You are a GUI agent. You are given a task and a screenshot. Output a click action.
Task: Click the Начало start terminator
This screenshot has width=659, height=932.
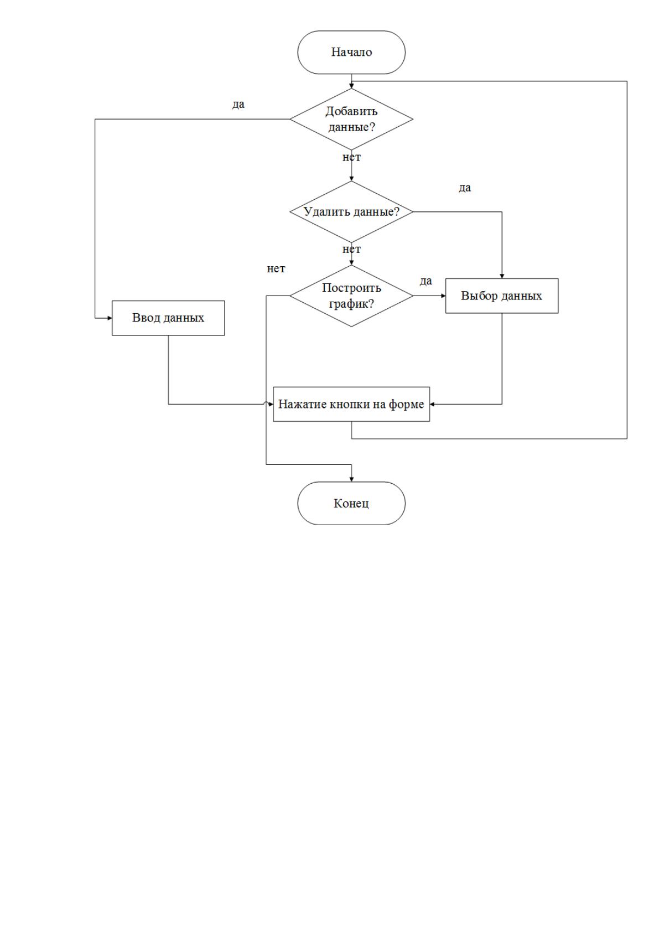click(351, 53)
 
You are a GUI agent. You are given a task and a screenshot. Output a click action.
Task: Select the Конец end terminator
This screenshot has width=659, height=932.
click(351, 503)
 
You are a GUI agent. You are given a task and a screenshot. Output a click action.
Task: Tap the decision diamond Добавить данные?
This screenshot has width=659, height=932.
click(351, 119)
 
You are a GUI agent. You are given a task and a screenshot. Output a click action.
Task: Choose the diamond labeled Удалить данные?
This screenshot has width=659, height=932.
click(351, 211)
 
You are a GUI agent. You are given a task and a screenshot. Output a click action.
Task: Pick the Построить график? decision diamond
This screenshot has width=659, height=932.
click(351, 296)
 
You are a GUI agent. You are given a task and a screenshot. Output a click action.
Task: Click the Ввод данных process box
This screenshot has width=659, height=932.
click(168, 318)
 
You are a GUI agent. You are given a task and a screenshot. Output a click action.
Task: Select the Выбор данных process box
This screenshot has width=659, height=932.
click(502, 296)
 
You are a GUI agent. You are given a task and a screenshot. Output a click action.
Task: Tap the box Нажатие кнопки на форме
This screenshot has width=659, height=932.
click(351, 404)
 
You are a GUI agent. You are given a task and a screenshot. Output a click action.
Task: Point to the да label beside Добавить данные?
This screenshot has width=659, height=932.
click(238, 104)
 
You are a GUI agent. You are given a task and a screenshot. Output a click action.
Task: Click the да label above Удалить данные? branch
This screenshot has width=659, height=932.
click(465, 188)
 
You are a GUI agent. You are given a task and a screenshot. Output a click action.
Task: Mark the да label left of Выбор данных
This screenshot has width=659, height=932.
click(426, 281)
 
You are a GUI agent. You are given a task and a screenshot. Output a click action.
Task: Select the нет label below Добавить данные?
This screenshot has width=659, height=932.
click(351, 157)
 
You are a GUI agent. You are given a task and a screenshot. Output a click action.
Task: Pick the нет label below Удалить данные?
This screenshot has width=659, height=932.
click(351, 249)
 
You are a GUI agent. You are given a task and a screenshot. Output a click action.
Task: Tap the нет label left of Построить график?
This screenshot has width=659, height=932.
click(276, 269)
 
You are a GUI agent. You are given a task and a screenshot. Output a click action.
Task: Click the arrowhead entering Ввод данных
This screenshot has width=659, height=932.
click(110, 318)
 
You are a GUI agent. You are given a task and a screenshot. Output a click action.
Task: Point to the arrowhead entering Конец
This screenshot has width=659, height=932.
click(351, 479)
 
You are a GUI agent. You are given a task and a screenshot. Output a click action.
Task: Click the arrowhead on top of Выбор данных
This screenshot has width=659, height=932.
click(502, 276)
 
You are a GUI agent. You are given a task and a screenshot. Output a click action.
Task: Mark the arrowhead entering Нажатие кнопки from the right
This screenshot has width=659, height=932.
click(432, 404)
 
